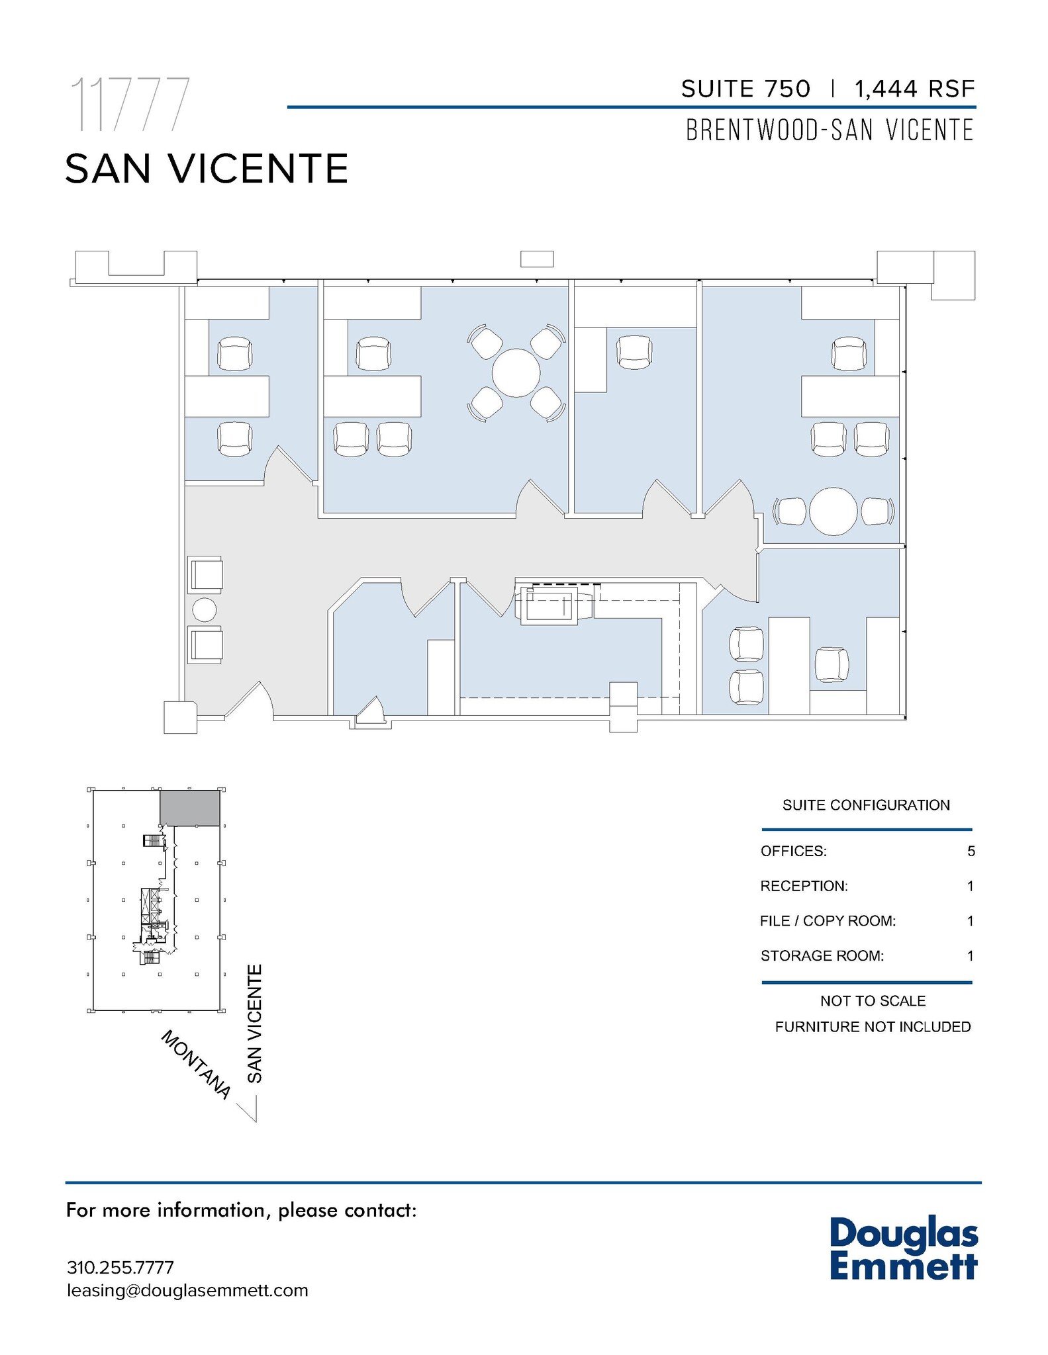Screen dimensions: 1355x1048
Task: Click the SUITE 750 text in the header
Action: (x=745, y=89)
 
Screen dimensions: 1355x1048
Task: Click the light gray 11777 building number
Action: (x=130, y=105)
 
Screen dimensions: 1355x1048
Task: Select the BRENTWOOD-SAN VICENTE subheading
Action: (x=830, y=130)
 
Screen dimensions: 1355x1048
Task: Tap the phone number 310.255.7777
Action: (x=120, y=1268)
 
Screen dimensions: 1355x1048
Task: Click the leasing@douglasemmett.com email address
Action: (x=187, y=1291)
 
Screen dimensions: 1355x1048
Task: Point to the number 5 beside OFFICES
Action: (x=971, y=852)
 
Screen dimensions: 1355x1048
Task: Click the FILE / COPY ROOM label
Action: (x=828, y=921)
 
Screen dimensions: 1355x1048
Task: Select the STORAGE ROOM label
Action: (x=822, y=956)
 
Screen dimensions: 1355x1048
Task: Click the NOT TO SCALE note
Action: (x=873, y=1001)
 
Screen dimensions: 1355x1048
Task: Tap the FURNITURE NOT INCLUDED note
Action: (x=873, y=1027)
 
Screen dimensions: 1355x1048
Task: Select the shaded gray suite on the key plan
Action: (x=190, y=808)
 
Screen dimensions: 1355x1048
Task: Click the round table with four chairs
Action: (x=516, y=373)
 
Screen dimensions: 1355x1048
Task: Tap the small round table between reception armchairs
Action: (x=204, y=610)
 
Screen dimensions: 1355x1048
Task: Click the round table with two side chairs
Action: (x=834, y=511)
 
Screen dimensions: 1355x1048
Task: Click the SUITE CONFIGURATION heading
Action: (x=866, y=805)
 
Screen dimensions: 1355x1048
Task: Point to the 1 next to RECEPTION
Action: (x=971, y=887)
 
